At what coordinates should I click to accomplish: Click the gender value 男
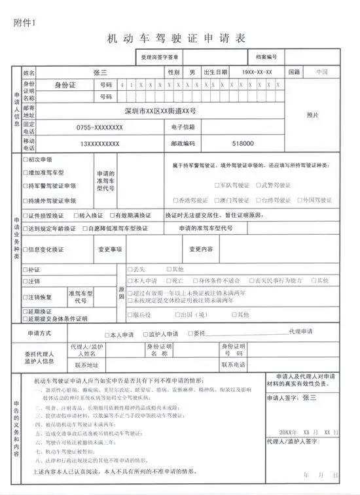[x=192, y=72]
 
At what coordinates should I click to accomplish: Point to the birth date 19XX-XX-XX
[x=257, y=72]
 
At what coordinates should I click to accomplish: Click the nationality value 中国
[x=321, y=72]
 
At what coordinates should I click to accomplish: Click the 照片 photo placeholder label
[x=312, y=115]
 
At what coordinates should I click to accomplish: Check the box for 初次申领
[x=26, y=159]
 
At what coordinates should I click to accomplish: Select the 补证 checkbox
[x=26, y=269]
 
